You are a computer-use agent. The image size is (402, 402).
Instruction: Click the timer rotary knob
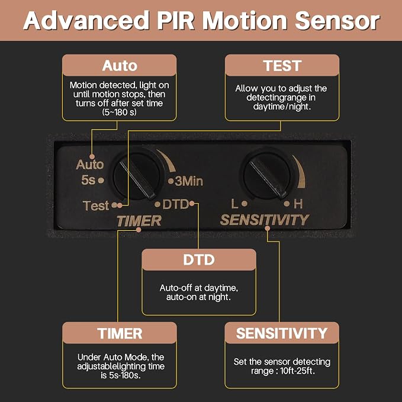coord(137,176)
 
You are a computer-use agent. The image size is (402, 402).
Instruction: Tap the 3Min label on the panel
coord(189,181)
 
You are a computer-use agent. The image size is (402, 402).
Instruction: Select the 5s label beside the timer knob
coord(88,180)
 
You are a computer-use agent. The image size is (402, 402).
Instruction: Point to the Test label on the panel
coord(96,205)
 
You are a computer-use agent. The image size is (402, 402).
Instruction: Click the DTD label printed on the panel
coord(175,204)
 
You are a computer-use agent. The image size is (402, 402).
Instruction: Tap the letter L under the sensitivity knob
coord(234,204)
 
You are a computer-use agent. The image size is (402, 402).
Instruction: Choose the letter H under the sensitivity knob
coord(298,204)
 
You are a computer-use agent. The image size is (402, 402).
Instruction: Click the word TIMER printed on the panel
coord(139,221)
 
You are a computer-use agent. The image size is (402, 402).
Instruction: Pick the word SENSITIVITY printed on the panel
coord(265,220)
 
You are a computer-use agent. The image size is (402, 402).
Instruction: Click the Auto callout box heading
coord(120,66)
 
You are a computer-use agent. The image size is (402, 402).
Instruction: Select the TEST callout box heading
coord(282,66)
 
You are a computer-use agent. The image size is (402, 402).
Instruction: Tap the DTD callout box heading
coord(199,260)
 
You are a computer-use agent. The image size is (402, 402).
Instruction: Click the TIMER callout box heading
coord(120,333)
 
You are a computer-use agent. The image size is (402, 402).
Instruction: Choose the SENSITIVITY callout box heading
coord(282,333)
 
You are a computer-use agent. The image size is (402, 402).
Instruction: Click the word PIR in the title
coord(176,21)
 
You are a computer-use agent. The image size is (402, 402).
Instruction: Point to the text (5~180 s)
coord(119,112)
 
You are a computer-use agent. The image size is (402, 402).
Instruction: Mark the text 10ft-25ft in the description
coord(297,371)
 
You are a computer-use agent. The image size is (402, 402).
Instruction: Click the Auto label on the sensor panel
coord(90,165)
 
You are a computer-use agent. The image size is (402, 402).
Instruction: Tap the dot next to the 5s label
coord(101,180)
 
